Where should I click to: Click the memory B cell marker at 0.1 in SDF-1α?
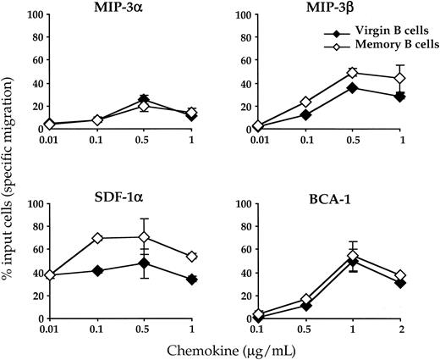(x=99, y=238)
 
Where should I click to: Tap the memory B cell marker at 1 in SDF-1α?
(x=190, y=256)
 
